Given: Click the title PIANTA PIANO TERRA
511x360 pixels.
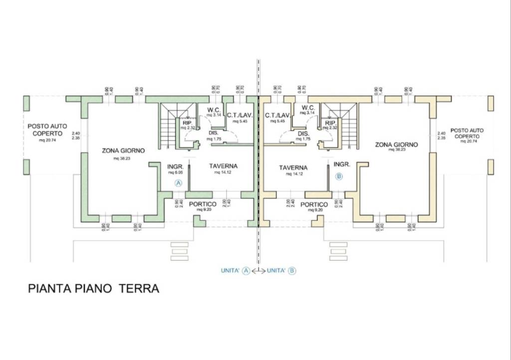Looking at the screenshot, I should (x=93, y=289).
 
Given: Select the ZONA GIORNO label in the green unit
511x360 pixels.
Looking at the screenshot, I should (x=123, y=150).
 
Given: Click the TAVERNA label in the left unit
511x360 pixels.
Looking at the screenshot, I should (x=223, y=166).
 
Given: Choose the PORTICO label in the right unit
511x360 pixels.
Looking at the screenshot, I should (x=314, y=204).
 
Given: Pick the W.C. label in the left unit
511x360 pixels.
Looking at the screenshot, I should (x=215, y=109).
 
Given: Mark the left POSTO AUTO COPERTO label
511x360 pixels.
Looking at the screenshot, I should (x=47, y=130).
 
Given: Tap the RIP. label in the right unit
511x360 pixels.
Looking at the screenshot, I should (x=330, y=122).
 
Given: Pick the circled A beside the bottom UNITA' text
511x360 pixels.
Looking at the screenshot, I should (x=246, y=271).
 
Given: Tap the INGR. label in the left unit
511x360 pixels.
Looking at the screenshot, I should (x=176, y=166).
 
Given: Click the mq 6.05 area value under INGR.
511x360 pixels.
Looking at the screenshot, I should (x=176, y=173).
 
